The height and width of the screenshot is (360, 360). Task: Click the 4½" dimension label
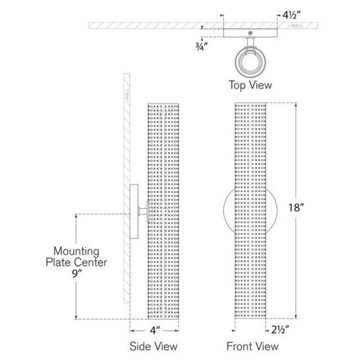coord(291,15)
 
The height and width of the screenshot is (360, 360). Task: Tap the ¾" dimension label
coord(201,47)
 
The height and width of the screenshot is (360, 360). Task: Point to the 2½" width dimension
coord(280,330)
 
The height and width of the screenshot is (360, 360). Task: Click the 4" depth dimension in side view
coord(155,330)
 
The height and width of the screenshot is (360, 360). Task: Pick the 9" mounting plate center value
coord(76,273)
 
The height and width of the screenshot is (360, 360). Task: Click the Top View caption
coord(250,85)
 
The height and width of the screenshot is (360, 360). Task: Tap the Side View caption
coord(154,346)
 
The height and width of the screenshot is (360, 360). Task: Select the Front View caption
coord(253,346)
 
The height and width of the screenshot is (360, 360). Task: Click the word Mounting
coord(76,251)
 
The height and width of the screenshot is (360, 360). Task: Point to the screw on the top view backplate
coord(250,33)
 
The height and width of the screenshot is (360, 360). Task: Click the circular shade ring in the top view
coord(250,62)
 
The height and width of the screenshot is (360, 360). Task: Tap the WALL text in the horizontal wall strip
coord(297,26)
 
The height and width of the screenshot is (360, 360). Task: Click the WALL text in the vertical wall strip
coord(127,94)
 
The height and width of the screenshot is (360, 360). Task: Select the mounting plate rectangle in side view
coord(134,211)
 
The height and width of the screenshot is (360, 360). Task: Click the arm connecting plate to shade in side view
coord(142,211)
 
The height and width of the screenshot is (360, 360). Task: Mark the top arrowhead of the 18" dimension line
coord(296,105)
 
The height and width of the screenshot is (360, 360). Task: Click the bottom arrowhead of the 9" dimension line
coord(76,317)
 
